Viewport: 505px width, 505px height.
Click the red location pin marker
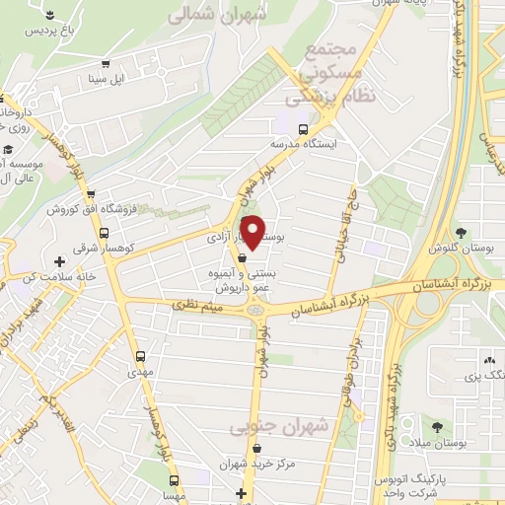tap(253, 232)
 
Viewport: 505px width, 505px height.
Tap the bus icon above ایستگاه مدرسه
tap(303, 127)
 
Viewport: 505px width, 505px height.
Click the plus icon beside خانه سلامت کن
tap(61, 262)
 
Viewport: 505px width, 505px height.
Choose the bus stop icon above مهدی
tap(139, 356)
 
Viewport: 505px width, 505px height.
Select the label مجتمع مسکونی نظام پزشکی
tap(325, 74)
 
